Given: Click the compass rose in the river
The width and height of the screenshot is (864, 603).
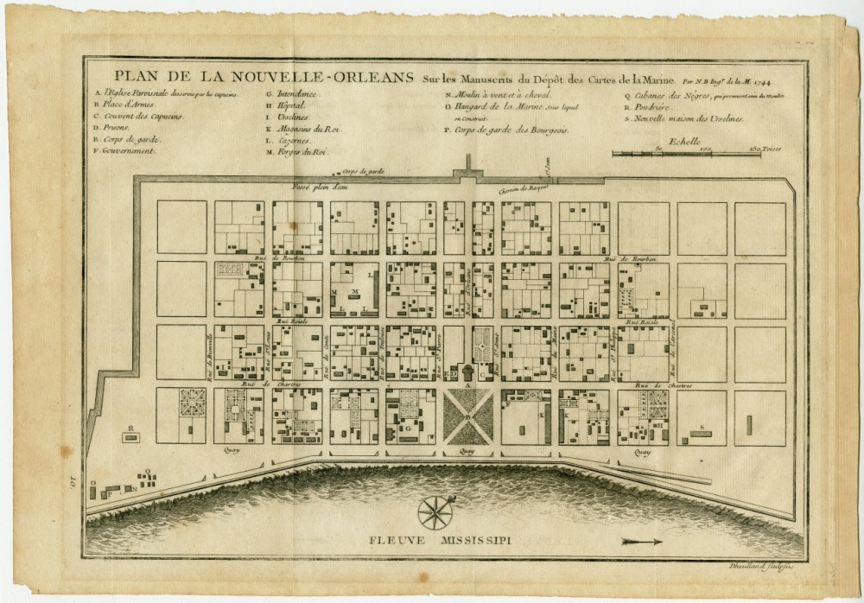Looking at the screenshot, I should pyautogui.click(x=435, y=511).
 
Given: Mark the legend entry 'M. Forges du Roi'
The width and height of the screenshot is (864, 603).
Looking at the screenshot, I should pyautogui.click(x=296, y=152).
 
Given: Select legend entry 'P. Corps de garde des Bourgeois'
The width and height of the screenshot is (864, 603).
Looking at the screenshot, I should pyautogui.click(x=501, y=130).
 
